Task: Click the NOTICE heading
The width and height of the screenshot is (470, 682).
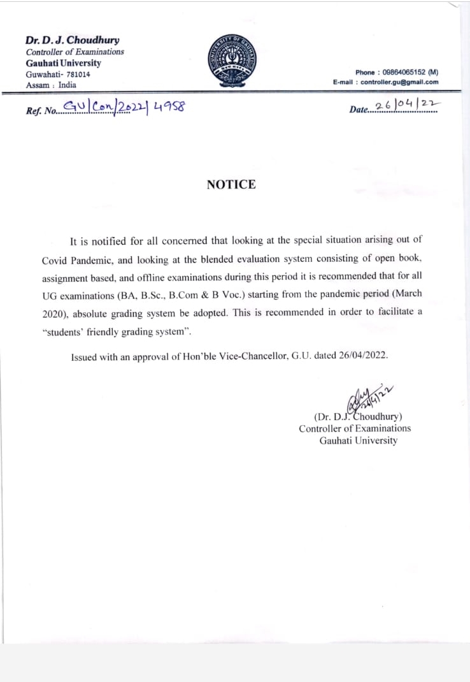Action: pos(231,185)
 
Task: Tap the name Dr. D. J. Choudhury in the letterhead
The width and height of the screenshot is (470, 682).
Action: pos(72,40)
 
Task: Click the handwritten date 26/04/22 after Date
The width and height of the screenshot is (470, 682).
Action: pos(408,106)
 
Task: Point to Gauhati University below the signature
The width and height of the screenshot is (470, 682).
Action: pos(358,440)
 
